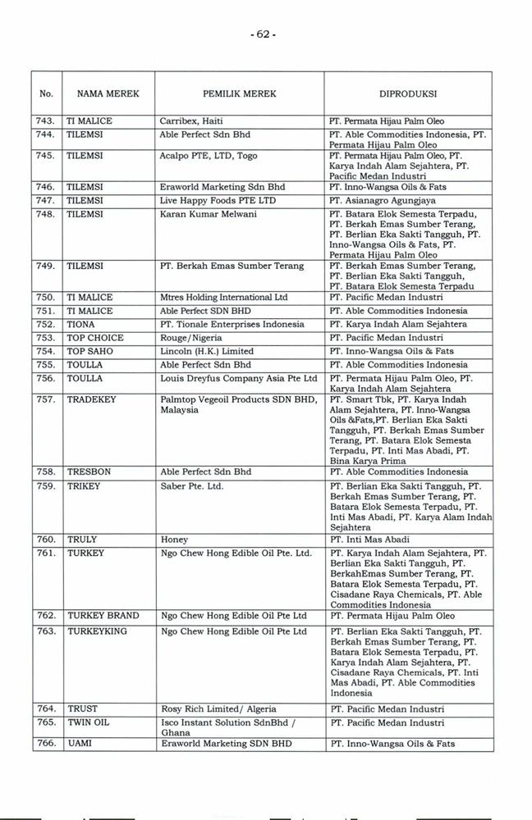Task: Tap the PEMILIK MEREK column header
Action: point(240,94)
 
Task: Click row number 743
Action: point(46,121)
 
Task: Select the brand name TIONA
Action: point(81,325)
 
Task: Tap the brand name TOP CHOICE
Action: point(95,338)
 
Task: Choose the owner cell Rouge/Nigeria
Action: point(193,338)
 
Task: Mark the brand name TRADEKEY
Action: point(91,399)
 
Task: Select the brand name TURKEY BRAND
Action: point(103,616)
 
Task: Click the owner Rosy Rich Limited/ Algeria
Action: point(218,709)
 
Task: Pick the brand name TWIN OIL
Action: point(88,723)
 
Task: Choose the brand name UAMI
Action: point(80,744)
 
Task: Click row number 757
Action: point(46,399)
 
